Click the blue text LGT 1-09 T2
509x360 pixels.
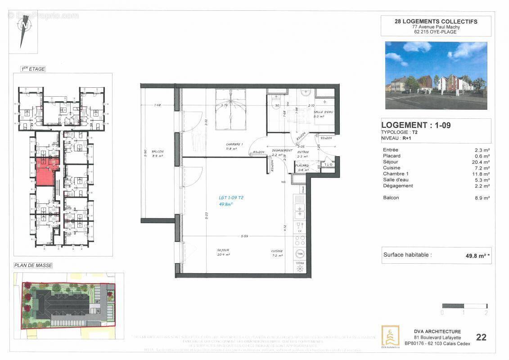click(231, 198)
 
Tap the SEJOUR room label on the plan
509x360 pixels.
click(223, 250)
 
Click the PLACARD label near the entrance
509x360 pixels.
click(302, 165)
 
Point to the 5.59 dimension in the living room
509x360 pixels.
click(244, 236)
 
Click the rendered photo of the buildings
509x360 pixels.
click(436, 75)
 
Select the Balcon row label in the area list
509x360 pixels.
click(391, 198)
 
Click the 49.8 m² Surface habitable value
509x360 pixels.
click(477, 256)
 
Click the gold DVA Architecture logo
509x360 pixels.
click(390, 336)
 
